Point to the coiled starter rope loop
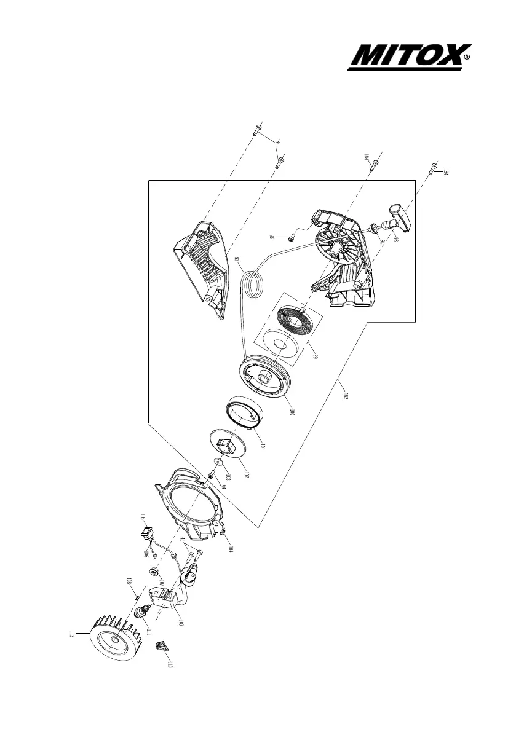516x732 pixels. pos(253,285)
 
